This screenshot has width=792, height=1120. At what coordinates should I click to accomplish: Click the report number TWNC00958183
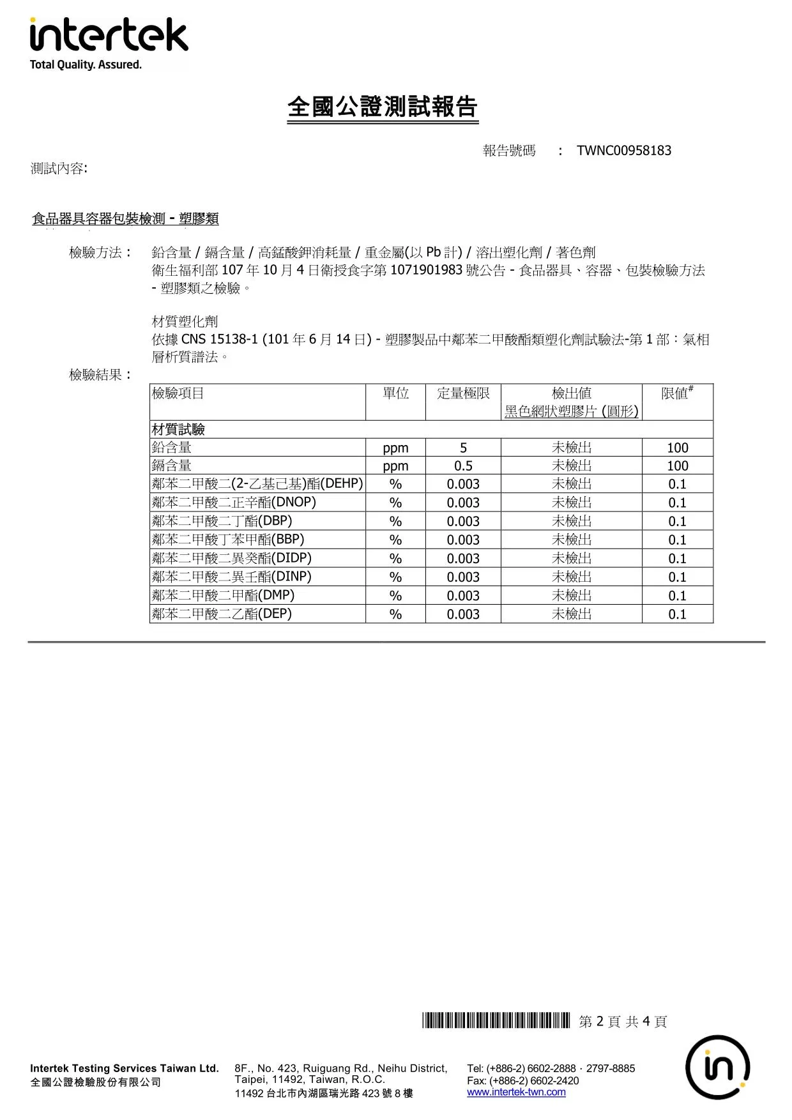pyautogui.click(x=623, y=151)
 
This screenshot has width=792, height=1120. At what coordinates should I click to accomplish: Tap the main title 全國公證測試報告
pyautogui.click(x=382, y=107)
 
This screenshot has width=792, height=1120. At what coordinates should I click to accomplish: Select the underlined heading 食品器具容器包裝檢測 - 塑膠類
pyautogui.click(x=125, y=219)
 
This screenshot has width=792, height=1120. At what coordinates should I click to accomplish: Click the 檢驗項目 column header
pyautogui.click(x=178, y=393)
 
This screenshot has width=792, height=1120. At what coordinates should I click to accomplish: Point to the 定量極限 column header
pyautogui.click(x=463, y=393)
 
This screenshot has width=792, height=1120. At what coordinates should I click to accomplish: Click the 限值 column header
pyautogui.click(x=676, y=393)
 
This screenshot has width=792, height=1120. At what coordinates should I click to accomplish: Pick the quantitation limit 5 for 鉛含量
pyautogui.click(x=463, y=448)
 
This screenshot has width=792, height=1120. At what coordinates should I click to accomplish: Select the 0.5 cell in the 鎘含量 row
pyautogui.click(x=463, y=466)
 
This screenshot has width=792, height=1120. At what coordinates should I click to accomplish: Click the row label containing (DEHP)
pyautogui.click(x=257, y=484)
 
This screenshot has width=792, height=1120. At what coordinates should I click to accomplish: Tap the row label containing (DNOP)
pyautogui.click(x=234, y=503)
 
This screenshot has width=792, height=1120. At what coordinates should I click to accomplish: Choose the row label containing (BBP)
pyautogui.click(x=228, y=540)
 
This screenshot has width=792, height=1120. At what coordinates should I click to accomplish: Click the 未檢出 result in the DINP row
pyautogui.click(x=572, y=577)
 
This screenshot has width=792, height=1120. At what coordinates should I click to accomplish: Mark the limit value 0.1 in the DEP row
pyautogui.click(x=677, y=614)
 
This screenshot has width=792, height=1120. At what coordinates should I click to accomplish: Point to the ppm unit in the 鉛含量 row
pyautogui.click(x=395, y=448)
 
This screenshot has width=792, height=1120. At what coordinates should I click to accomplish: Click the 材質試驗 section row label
pyautogui.click(x=178, y=429)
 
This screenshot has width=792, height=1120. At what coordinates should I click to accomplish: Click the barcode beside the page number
pyautogui.click(x=496, y=1021)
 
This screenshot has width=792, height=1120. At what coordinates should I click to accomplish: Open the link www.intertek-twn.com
pyautogui.click(x=516, y=1092)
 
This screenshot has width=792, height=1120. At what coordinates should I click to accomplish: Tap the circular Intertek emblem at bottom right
pyautogui.click(x=717, y=1067)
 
